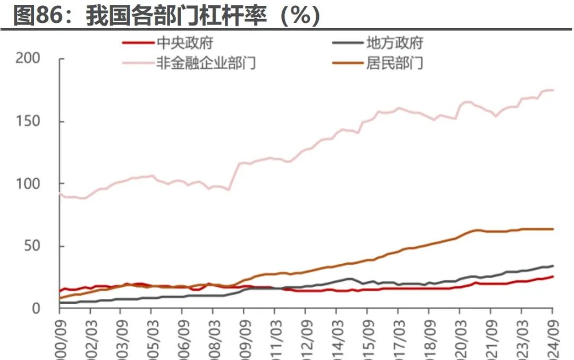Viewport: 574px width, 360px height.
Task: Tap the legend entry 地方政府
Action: (x=394, y=43)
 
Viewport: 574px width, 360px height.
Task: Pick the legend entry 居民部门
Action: (x=394, y=63)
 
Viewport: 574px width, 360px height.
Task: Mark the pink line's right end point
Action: (x=553, y=90)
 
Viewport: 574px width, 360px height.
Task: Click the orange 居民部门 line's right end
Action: (x=553, y=229)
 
